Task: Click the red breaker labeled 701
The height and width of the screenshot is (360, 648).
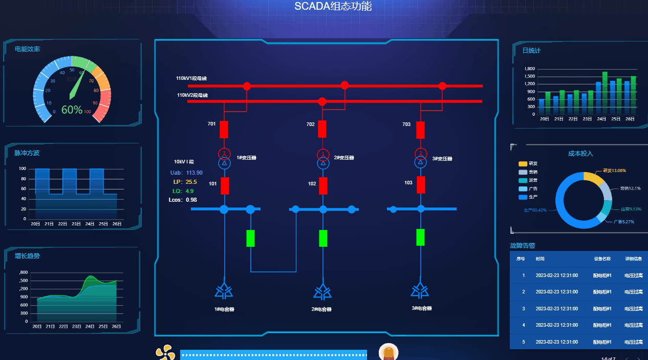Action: pos(224,130)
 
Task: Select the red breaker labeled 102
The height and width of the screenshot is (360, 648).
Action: pos(323,185)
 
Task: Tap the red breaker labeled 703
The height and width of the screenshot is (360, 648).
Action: pos(420,130)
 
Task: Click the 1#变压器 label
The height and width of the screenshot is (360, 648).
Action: pos(246,158)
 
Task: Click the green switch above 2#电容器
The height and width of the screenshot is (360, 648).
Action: pos(323,238)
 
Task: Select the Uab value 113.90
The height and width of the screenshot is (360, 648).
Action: pos(194,173)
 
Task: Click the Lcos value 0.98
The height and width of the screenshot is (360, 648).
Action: pos(191,200)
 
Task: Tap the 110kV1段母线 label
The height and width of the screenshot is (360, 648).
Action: pos(191,78)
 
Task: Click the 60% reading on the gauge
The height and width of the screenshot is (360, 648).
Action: pos(72,110)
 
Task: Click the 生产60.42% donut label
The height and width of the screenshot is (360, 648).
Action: pos(535,210)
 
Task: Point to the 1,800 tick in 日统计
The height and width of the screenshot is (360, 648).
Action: pos(529,69)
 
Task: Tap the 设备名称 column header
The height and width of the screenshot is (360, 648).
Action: pos(602,259)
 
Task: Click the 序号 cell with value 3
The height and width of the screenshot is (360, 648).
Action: pos(523,309)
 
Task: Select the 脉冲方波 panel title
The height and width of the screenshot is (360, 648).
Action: pos(27,153)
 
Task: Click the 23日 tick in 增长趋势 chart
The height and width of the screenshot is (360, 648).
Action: pos(77,327)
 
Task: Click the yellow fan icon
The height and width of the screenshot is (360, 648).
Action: pos(165,352)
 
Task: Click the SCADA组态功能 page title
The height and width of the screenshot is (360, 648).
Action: pos(333,7)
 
